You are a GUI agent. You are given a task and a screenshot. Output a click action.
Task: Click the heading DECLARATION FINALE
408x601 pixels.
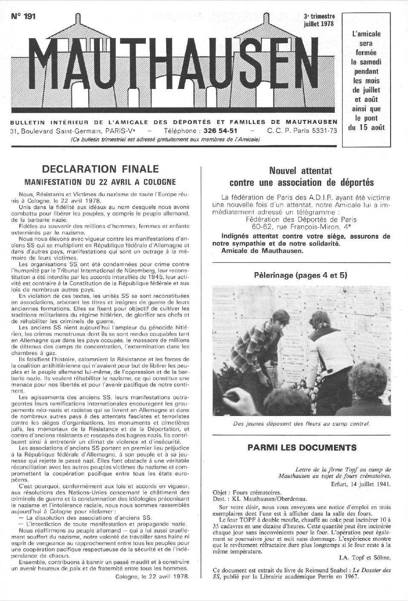pos(100,169)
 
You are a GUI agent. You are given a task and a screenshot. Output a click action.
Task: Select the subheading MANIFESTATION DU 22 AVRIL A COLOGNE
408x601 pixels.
pos(100,182)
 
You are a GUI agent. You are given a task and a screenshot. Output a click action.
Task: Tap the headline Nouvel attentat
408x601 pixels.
pos(300,171)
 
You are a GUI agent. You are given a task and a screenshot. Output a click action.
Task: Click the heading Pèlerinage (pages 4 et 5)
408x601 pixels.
pos(301,275)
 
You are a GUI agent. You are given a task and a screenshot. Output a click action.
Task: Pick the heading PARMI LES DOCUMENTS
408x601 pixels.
pos(302,448)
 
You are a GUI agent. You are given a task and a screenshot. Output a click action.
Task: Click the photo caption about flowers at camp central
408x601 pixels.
pos(302,424)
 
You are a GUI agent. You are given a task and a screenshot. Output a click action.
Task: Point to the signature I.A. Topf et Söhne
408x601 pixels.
pos(365,558)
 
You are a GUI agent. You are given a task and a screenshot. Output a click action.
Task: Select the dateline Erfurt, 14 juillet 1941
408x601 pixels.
pos(361,484)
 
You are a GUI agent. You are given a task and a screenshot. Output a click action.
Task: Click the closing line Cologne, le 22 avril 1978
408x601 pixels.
pos(152,577)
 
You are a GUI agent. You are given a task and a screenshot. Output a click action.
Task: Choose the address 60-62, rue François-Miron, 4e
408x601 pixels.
pos(301,227)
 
